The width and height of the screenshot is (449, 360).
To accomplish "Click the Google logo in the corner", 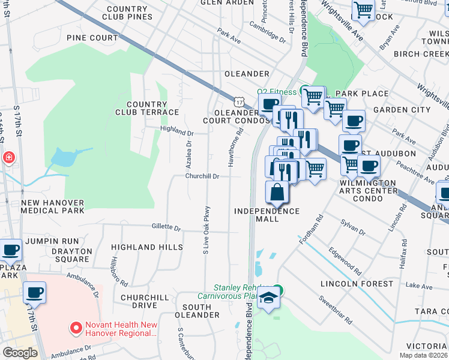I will tap(20, 353).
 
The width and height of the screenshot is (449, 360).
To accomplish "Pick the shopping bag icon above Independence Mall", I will tap(277, 193).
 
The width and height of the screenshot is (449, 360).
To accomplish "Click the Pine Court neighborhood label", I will tap(92, 38).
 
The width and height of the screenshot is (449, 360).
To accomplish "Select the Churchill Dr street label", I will tap(202, 176).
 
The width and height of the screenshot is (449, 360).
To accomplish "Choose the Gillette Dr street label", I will tap(166, 228).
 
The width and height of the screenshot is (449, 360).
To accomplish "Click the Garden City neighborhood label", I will tap(402, 110).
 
